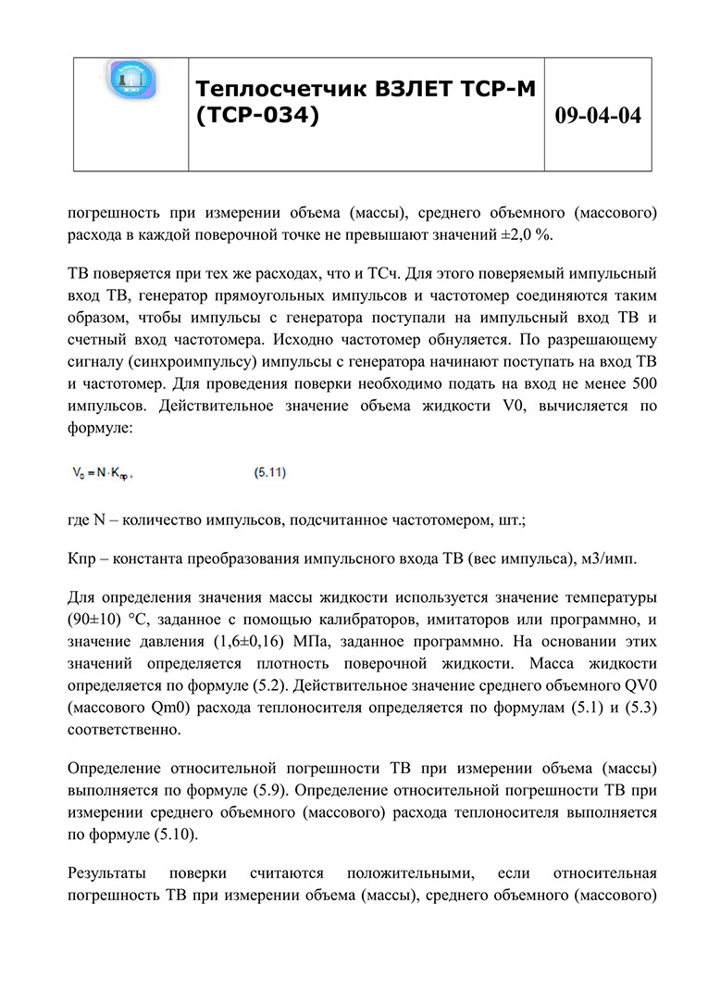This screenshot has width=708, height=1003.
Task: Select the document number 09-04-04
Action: click(598, 116)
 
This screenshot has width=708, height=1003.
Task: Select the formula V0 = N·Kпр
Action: click(103, 473)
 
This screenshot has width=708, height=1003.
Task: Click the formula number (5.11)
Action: click(269, 473)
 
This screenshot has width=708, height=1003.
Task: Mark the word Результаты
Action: click(109, 874)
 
